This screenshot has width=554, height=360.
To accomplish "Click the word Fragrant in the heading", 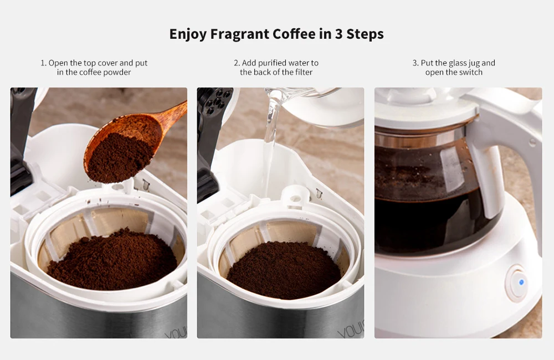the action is coord(240,34).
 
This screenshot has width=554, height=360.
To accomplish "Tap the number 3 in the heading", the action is coord(338,34).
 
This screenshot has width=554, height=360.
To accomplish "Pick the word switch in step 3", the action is coord(471,73).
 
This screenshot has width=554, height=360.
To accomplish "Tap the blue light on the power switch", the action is coord(521,282).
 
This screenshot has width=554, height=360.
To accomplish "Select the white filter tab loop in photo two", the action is coord(295,198).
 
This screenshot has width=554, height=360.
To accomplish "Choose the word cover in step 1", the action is coord(107,63).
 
